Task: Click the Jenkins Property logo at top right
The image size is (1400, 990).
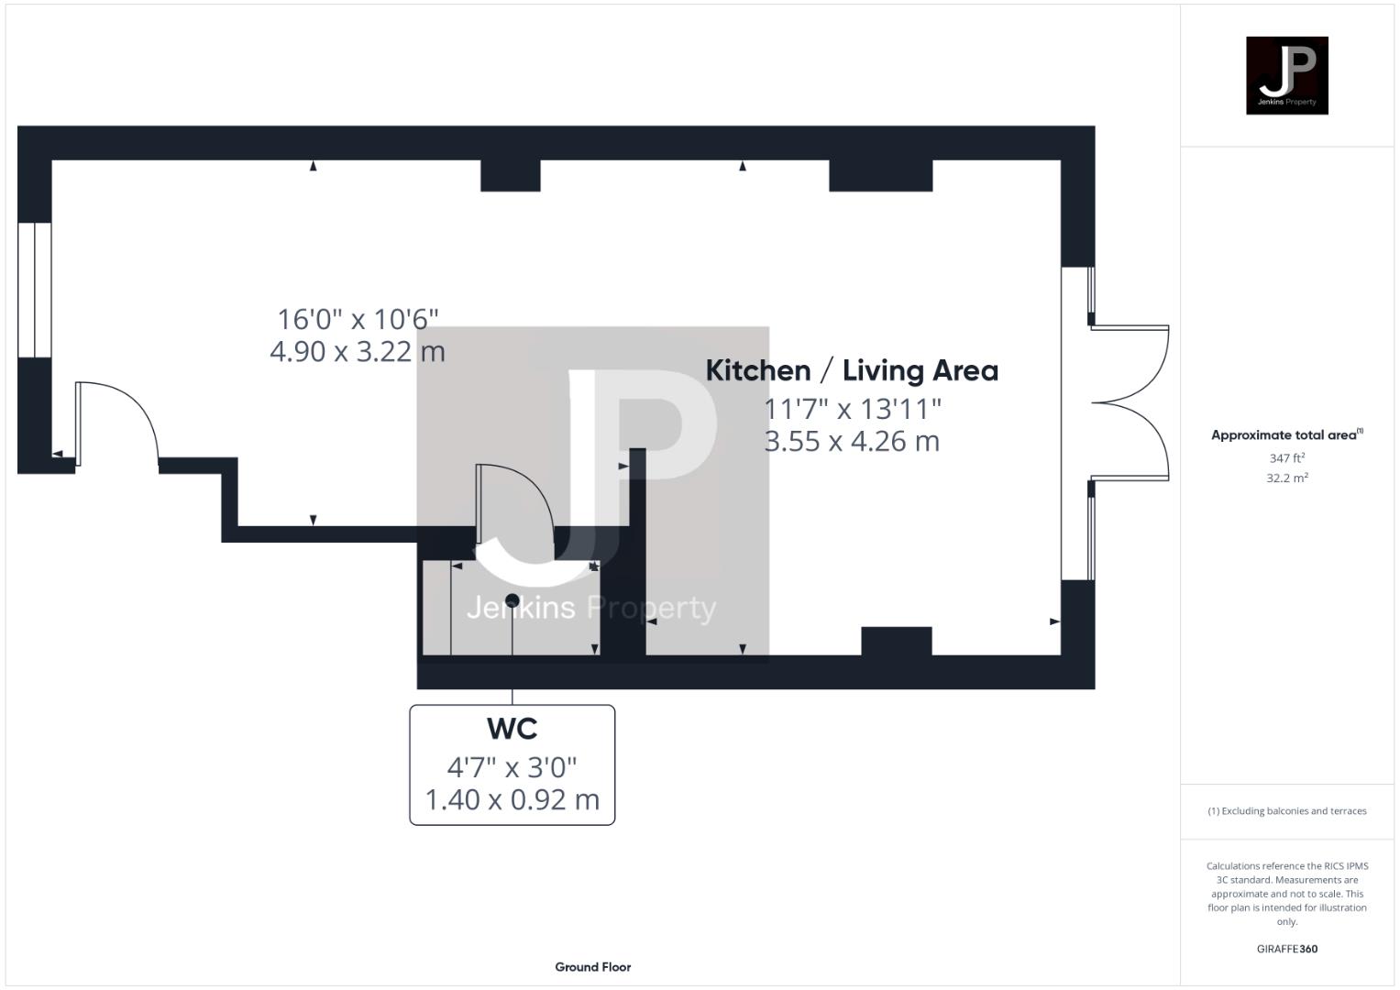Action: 1286,75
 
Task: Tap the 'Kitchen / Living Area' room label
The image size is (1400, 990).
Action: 852,370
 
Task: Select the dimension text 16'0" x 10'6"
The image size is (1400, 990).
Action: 358,319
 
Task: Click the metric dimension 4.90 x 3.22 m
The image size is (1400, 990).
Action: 358,351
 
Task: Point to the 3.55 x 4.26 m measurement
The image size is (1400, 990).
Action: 852,441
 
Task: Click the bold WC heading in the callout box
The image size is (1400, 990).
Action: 512,729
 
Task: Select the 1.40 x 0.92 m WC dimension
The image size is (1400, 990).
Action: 512,799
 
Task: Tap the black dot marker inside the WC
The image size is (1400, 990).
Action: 513,600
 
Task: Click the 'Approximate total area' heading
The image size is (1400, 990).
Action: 1286,435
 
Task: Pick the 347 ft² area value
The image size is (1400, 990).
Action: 1286,457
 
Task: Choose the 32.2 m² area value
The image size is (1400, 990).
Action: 1286,478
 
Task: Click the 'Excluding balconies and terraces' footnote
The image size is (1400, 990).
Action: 1287,811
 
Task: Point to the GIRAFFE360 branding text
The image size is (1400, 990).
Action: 1286,949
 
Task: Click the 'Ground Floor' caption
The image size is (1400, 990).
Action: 592,967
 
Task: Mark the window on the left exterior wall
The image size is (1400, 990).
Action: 35,290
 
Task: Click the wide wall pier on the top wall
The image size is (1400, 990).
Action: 880,175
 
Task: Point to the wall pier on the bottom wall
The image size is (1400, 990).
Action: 896,641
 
